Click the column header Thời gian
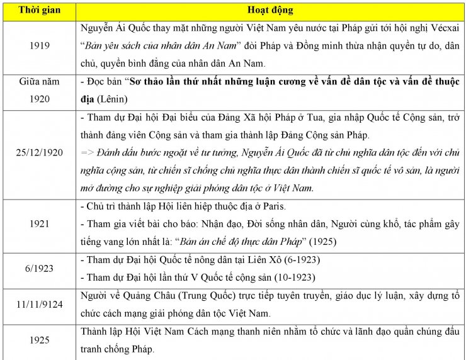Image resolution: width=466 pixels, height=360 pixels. tap(38, 11)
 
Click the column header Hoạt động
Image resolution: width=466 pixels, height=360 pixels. tap(270, 11)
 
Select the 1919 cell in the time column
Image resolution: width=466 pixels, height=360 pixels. tap(38, 46)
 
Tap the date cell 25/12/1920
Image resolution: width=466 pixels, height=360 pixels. tap(38, 153)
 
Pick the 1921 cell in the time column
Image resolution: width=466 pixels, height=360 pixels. tap(38, 224)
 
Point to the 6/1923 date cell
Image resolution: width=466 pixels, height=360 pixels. tap(38, 268)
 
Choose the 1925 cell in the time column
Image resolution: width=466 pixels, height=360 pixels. tap(38, 340)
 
